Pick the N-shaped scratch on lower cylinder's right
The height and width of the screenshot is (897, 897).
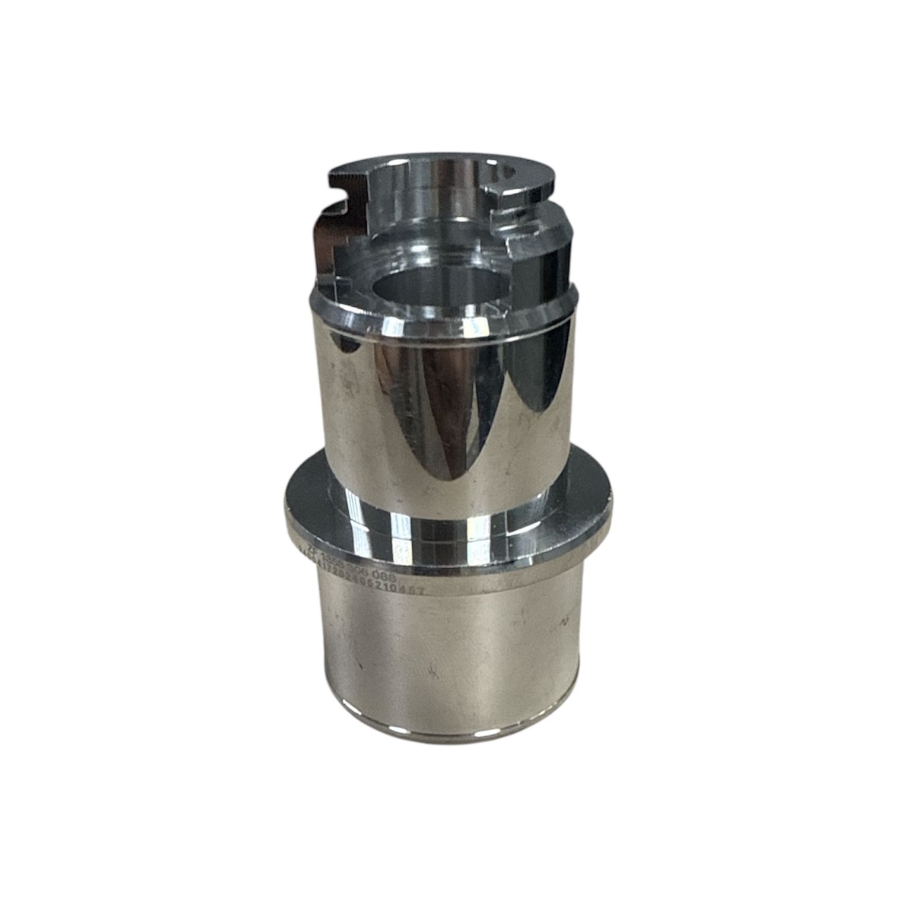(564, 621)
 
